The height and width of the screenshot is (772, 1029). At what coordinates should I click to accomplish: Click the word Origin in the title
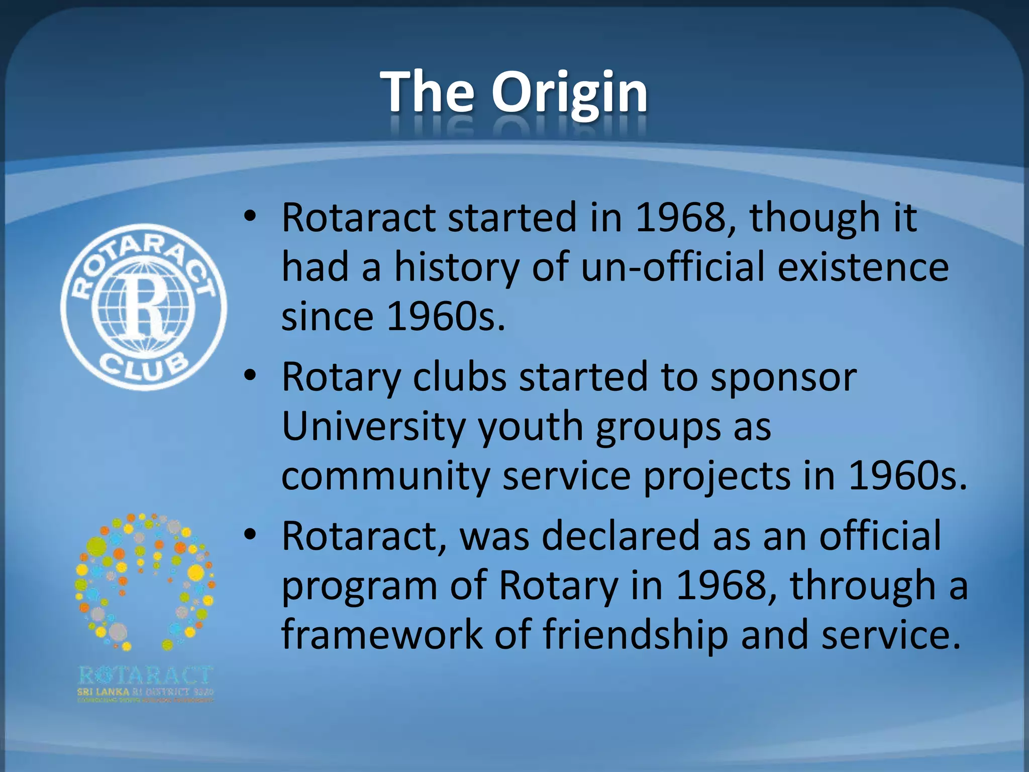(x=569, y=93)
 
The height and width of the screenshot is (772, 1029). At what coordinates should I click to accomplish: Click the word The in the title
(x=428, y=92)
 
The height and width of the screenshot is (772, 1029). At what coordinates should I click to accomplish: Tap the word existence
(x=863, y=267)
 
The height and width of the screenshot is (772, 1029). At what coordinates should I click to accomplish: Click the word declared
(x=621, y=536)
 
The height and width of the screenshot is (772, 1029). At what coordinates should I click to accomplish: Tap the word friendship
(x=635, y=634)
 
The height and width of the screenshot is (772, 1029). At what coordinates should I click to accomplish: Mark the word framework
(x=381, y=634)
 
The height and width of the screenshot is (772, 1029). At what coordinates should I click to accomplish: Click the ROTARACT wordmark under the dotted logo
(x=146, y=676)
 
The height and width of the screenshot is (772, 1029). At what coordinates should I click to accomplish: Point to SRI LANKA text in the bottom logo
(x=103, y=692)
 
